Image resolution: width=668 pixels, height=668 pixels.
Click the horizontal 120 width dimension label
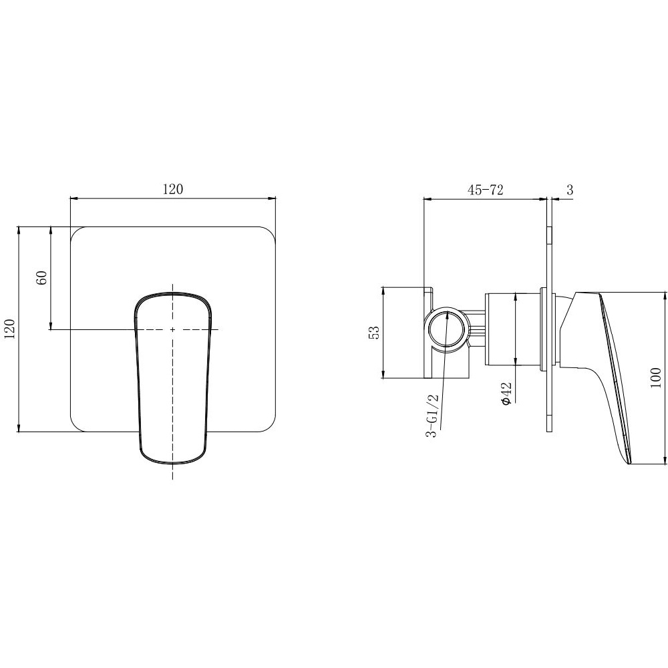[172, 189]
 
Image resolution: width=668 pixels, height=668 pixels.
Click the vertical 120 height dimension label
[9, 329]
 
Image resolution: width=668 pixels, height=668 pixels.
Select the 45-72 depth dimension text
[485, 190]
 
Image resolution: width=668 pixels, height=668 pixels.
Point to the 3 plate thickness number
[570, 190]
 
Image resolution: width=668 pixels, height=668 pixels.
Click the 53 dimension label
[373, 333]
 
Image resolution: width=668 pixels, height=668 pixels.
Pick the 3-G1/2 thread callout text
[432, 415]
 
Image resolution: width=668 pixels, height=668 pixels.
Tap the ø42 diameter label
[506, 393]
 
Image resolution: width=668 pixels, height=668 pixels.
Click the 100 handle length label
[656, 377]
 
